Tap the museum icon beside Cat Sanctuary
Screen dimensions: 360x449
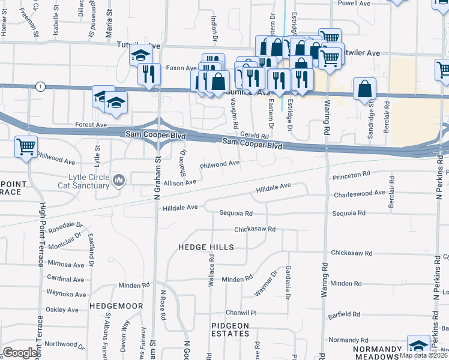(x=119, y=179)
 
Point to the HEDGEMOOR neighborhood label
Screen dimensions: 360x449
(x=116, y=306)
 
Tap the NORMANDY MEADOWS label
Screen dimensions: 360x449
(x=376, y=353)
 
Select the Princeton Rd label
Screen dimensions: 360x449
(x=351, y=175)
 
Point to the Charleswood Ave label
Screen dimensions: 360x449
(x=359, y=193)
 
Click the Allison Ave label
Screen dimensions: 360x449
(x=180, y=182)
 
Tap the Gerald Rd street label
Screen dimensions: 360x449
(x=254, y=136)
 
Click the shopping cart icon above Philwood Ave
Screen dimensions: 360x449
(x=26, y=146)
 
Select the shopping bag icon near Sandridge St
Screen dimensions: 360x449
(x=364, y=89)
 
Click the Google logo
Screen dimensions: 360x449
(x=20, y=353)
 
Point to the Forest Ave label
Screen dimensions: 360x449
(x=91, y=125)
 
